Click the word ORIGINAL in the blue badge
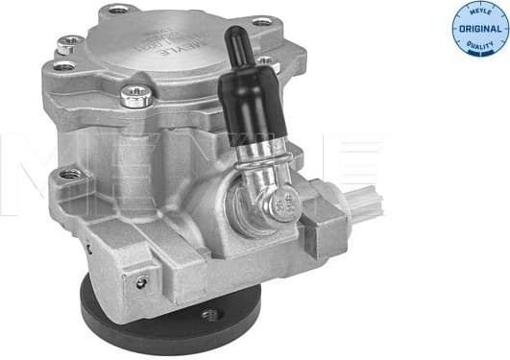pos(475,30)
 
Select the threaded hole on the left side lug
pos(69,176)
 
